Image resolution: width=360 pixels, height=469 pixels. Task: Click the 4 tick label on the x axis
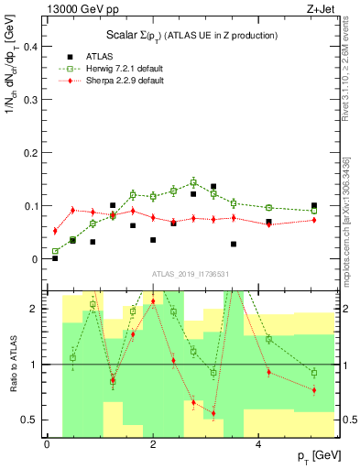pyautogui.click(x=259, y=442)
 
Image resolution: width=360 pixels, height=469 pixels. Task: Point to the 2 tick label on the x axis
pyautogui.click(x=153, y=442)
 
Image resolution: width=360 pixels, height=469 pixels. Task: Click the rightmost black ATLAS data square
pyautogui.click(x=314, y=206)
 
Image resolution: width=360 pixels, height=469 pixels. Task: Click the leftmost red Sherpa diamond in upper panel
pyautogui.click(x=55, y=231)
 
